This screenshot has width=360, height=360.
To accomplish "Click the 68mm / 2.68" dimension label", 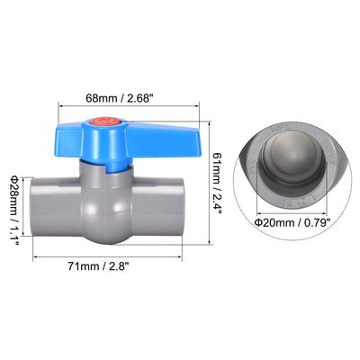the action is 118,98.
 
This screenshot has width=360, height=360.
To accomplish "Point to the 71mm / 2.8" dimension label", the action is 98,266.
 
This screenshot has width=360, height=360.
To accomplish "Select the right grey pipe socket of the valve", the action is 157,206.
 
